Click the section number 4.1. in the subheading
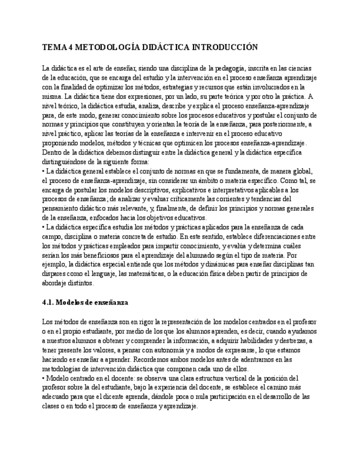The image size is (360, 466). coord(49,303)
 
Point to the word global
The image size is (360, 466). coord(302,171)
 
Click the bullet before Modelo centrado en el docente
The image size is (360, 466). coord(43,378)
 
